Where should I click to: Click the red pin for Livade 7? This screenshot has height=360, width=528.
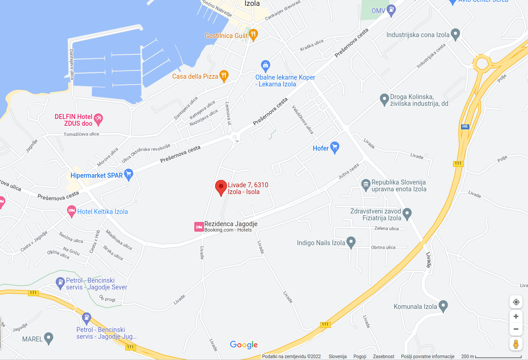(x=221, y=187)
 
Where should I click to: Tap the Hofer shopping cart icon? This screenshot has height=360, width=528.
(x=335, y=147)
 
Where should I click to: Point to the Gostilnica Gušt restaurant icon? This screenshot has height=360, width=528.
(x=253, y=34)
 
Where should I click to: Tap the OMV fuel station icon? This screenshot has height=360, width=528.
(x=391, y=9)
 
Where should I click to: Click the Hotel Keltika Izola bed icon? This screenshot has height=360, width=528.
(x=71, y=211)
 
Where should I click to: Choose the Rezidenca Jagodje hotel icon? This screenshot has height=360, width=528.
(x=198, y=227)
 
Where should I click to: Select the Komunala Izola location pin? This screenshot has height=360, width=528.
(x=443, y=306)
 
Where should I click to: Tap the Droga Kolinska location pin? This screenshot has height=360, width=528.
(x=384, y=99)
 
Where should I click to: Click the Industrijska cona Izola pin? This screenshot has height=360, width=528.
(x=456, y=34)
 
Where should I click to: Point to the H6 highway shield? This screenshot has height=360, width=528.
(x=465, y=127)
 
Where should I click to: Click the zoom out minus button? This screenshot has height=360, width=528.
(x=516, y=329)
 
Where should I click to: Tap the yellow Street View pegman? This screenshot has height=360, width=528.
(x=516, y=344)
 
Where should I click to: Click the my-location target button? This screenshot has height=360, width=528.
(x=516, y=302)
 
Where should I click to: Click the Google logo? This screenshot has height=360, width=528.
(x=244, y=345)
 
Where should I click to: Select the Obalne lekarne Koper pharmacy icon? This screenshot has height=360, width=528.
(x=265, y=66)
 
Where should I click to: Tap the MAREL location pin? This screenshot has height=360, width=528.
(x=48, y=338)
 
